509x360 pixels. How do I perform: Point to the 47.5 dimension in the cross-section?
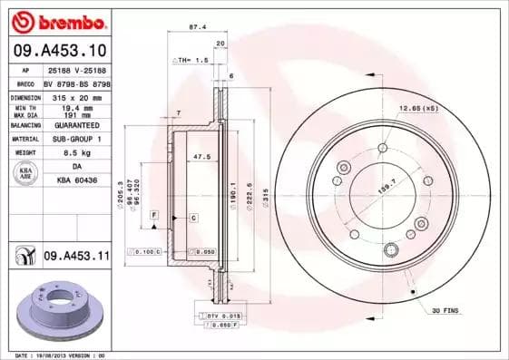202,156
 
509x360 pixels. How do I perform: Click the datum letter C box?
193,219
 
